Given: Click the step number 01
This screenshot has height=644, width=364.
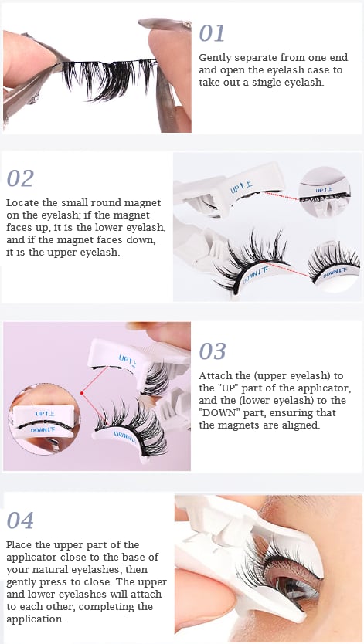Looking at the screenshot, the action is tap(212, 33).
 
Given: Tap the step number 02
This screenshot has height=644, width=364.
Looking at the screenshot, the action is tap(20, 178).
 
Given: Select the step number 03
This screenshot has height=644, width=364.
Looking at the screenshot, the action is tap(213, 351).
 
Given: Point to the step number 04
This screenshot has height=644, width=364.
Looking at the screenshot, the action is tap(20, 520).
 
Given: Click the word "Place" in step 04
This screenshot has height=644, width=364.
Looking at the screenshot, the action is tap(18, 545).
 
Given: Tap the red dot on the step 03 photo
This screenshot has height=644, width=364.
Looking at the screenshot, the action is tap(82, 393).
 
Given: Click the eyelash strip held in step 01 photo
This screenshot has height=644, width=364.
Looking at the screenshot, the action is tap(109, 78).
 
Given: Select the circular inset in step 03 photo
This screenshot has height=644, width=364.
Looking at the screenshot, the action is tap(44, 419).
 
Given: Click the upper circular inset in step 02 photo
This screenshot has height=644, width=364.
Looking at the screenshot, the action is tap(325, 192).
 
